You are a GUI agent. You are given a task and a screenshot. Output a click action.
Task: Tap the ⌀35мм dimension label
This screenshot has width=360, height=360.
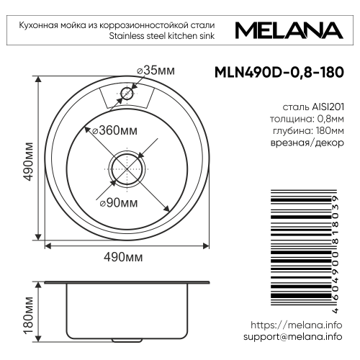tap(156, 70)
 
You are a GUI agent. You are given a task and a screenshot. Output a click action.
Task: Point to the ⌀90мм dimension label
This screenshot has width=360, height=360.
tap(117, 202)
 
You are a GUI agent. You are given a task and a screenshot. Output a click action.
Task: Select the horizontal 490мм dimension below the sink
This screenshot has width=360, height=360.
tap(128, 257)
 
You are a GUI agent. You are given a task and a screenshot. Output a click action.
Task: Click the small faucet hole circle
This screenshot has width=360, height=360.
tap(128, 94)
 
